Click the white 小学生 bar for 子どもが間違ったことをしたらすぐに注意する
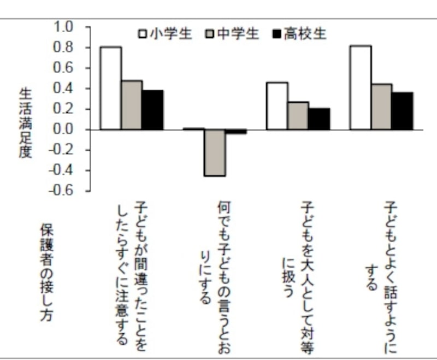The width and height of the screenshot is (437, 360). [x=110, y=88]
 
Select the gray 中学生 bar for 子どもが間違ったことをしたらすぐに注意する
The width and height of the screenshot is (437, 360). [x=132, y=105]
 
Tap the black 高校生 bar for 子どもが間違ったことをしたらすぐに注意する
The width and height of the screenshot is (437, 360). [x=152, y=110]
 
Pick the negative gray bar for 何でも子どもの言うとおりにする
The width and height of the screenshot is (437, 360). [x=215, y=152]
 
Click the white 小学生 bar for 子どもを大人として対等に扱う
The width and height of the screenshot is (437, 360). [x=276, y=106]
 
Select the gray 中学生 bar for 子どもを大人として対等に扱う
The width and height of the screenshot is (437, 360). [x=298, y=116]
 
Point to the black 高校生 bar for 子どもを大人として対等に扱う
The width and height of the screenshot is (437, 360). [x=319, y=119]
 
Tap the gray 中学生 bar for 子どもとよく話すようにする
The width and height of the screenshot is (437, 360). [x=381, y=107]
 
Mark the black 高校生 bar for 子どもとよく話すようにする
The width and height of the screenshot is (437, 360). [x=403, y=111]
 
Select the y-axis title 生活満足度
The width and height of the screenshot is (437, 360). [x=25, y=123]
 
